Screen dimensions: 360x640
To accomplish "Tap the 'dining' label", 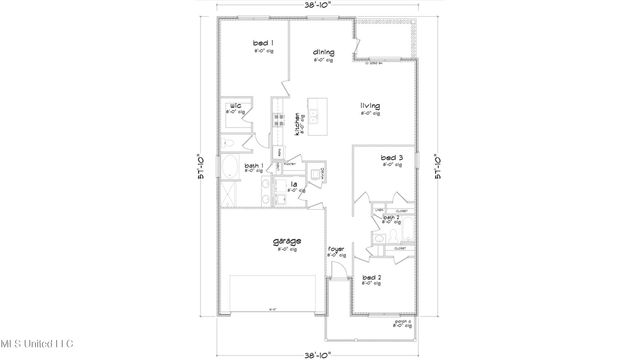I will (322, 52).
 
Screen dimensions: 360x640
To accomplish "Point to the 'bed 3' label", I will (391, 158).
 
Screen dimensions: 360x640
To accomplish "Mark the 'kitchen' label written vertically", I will (298, 124).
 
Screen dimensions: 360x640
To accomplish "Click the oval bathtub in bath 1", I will (229, 168).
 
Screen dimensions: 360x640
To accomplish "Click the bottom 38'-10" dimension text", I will (320, 353).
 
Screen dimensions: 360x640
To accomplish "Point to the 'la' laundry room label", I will (294, 185).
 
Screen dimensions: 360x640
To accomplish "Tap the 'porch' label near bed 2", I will (404, 321).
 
